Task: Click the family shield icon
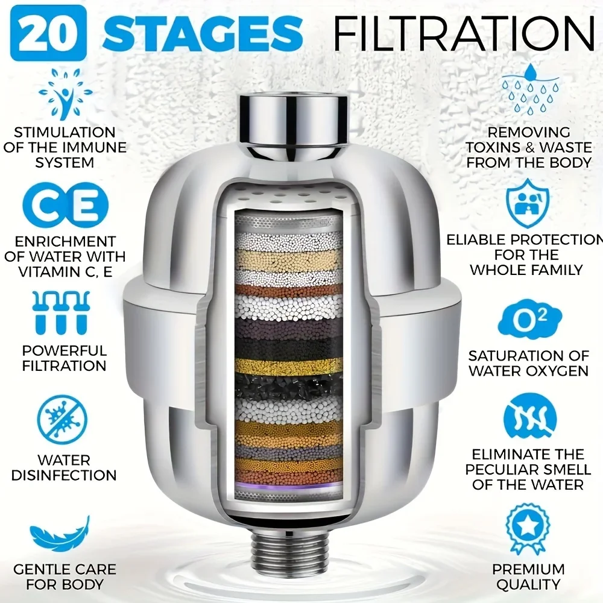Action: pos(528,203)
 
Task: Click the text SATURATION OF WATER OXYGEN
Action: pos(528,363)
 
